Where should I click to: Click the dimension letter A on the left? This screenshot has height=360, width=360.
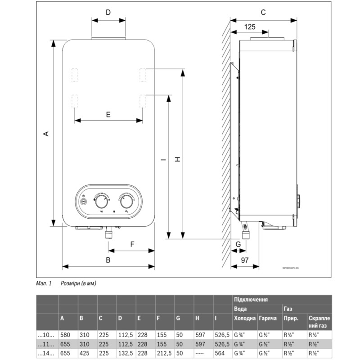pyautogui.click(x=45, y=133)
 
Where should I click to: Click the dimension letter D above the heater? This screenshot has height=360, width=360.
pyautogui.click(x=108, y=12)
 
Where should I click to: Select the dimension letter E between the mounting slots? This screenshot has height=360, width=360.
pyautogui.click(x=108, y=114)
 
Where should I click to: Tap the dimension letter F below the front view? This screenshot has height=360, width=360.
pyautogui.click(x=132, y=244)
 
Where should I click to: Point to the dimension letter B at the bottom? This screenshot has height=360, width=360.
pyautogui.click(x=108, y=260)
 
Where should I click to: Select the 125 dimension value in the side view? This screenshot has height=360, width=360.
pyautogui.click(x=250, y=27)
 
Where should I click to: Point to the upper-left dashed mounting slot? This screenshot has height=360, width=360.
pyautogui.click(x=75, y=75)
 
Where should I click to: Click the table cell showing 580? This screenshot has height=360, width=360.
pyautogui.click(x=65, y=334)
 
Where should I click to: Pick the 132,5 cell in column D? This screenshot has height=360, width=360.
pyautogui.click(x=125, y=352)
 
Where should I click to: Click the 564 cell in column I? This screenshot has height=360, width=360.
pyautogui.click(x=220, y=352)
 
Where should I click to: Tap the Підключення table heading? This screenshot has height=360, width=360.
pyautogui.click(x=251, y=299)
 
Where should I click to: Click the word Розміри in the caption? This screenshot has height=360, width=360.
pyautogui.click(x=71, y=283)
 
